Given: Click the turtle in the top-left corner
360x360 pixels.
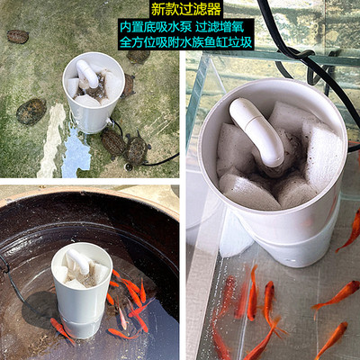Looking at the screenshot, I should point(17,37).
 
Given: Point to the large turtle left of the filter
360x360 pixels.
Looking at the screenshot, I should point(31,111).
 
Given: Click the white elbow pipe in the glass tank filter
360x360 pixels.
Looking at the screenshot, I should point(257,131).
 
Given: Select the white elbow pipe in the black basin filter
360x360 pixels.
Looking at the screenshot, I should point(77,262).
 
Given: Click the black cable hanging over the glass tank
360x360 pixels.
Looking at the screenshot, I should point(297,54).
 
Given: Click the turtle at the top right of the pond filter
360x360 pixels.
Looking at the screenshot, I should point(138,56).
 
